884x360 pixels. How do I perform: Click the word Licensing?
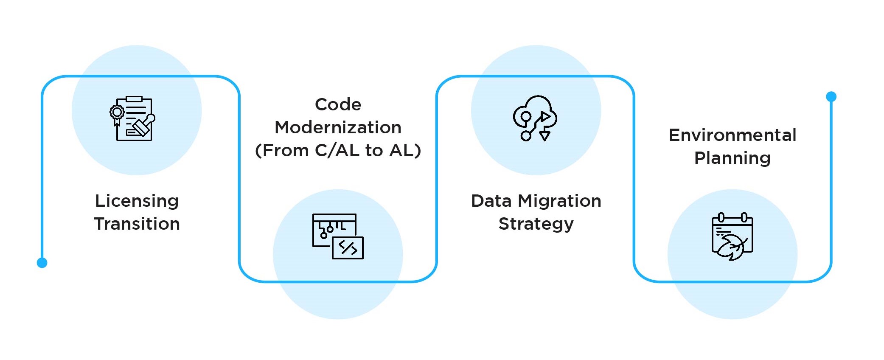pos(137,201)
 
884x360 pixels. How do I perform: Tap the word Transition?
pos(137,224)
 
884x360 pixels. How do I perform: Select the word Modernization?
pos(338,127)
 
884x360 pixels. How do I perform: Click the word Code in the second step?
pos(338,104)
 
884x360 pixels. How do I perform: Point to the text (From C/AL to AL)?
pos(338,150)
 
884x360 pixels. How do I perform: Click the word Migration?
pos(559,201)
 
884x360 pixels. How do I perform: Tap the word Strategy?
pos(536,224)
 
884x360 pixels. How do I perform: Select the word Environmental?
pos(732,135)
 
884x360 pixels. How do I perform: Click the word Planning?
pos(732,158)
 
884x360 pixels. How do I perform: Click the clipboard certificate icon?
pos(132,118)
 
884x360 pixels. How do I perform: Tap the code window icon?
pos(338,236)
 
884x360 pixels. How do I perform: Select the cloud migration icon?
pos(535,118)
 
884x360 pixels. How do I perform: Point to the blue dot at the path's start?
pos(42,263)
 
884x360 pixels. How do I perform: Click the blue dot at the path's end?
pos(831,97)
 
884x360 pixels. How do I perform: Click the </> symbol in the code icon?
pos(348,248)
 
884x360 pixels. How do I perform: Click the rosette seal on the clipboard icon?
pos(117,112)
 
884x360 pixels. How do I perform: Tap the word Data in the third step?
pos(491,201)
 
